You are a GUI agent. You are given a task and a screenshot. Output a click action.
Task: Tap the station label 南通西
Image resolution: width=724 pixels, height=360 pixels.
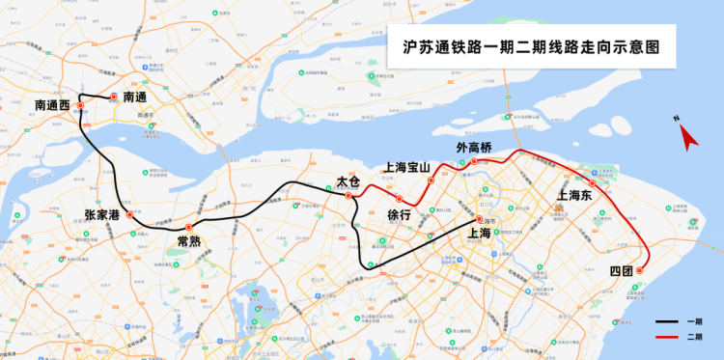52,104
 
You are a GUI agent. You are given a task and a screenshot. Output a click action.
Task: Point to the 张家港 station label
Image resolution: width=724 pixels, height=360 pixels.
102,214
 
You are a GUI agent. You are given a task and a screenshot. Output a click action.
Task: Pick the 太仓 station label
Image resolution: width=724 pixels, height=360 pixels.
348,181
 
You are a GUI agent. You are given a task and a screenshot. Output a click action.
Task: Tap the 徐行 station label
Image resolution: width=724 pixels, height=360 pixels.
399,215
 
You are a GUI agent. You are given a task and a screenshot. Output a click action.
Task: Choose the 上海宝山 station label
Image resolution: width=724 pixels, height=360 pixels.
406,167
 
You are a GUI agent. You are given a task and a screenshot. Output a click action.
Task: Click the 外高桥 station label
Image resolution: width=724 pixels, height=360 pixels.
474,148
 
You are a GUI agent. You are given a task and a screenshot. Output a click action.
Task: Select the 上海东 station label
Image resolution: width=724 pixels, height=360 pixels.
578,196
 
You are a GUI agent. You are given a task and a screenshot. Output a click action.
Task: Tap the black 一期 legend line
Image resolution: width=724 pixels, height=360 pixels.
666,321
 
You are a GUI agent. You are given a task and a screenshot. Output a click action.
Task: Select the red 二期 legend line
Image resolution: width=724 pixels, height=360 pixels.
666,336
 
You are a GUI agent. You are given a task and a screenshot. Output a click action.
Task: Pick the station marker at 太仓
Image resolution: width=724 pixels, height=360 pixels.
348,196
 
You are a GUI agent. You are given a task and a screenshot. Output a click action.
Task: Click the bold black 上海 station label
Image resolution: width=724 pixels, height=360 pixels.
480,233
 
